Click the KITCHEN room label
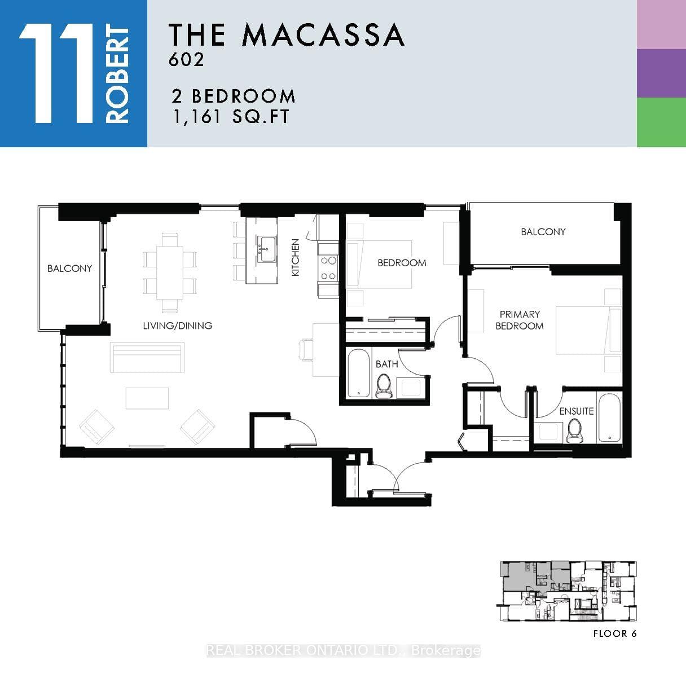(295, 257)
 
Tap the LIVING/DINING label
(178, 326)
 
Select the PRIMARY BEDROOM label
(520, 320)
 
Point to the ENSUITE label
(577, 411)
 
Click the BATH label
(386, 364)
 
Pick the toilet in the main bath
(384, 386)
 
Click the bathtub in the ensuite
(609, 417)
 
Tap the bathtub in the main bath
(358, 373)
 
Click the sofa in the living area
(147, 358)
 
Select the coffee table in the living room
(147, 398)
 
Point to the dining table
(170, 272)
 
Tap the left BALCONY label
(70, 268)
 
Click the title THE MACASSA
(287, 35)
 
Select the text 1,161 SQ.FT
(231, 116)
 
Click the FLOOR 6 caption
(615, 634)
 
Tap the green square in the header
(661, 122)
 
